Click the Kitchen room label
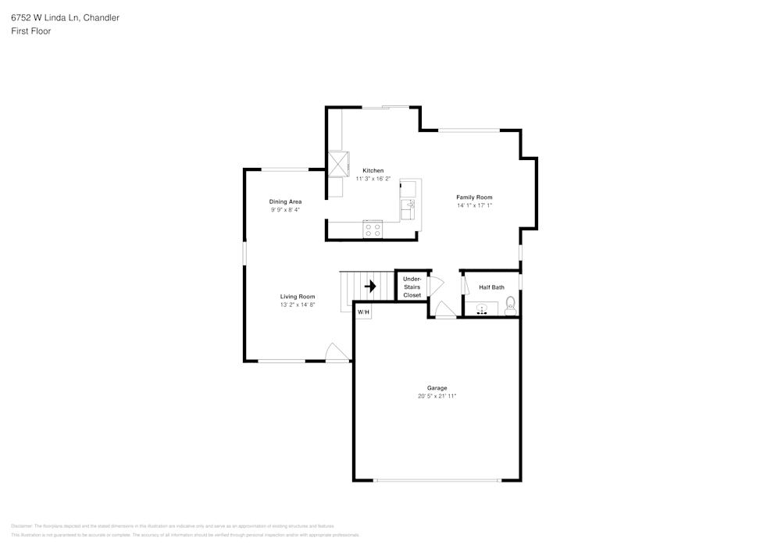373,170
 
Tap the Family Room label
474,198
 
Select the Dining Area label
285,201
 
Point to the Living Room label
298,297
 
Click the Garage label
437,388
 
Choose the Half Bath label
491,287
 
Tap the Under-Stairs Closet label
412,287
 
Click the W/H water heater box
363,312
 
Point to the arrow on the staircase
370,287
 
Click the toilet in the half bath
511,304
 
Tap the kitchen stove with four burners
373,230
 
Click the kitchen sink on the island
408,209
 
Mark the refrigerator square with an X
339,164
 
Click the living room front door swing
337,352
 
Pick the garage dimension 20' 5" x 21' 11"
437,397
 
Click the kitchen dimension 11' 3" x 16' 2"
373,179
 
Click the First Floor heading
31,31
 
